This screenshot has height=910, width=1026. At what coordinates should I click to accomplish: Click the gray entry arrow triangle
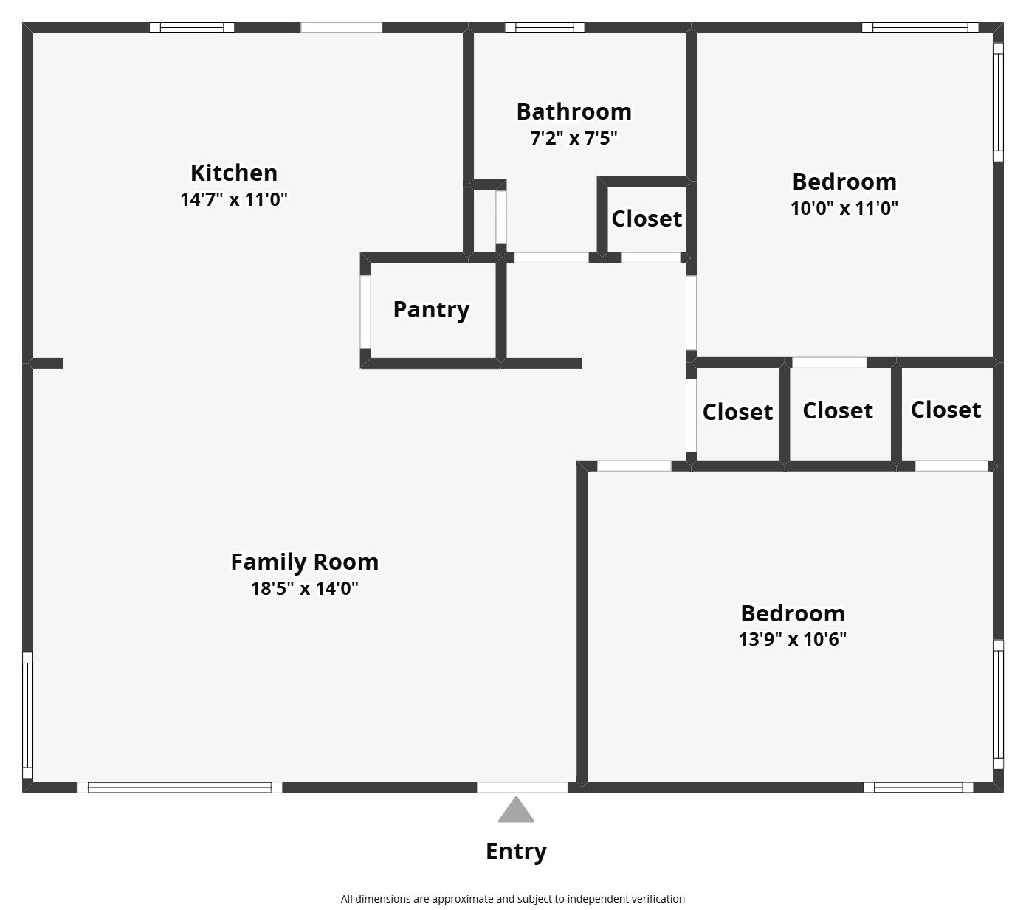tap(515, 811)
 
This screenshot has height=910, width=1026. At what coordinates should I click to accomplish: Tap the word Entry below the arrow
tap(516, 851)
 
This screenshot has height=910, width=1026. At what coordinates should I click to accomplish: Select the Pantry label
tap(431, 309)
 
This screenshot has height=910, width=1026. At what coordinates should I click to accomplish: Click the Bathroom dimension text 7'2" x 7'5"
tap(574, 138)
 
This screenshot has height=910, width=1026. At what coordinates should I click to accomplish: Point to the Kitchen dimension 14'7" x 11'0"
tap(233, 199)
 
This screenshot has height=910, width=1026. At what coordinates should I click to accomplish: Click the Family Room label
tap(304, 562)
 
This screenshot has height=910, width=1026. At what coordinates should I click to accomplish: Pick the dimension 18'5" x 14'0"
tap(304, 588)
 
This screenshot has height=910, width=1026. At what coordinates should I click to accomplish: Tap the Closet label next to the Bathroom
tap(647, 218)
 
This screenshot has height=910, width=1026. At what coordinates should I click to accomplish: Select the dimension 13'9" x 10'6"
tap(792, 639)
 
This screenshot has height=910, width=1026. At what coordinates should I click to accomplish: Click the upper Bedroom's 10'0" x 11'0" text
tap(844, 208)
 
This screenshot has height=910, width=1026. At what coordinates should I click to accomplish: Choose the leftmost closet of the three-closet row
tap(737, 412)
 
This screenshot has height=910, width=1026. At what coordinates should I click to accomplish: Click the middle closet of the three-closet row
tap(838, 410)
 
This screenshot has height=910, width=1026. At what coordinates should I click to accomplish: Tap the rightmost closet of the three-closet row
tap(946, 410)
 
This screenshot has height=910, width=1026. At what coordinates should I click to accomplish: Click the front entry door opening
tap(522, 787)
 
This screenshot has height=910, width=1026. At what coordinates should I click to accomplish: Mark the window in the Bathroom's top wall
tap(545, 28)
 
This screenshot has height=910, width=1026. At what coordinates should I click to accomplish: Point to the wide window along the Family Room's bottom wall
tap(179, 787)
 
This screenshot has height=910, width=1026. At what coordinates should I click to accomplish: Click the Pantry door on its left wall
tap(365, 311)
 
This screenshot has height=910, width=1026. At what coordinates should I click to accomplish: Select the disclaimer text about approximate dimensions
tap(512, 899)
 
